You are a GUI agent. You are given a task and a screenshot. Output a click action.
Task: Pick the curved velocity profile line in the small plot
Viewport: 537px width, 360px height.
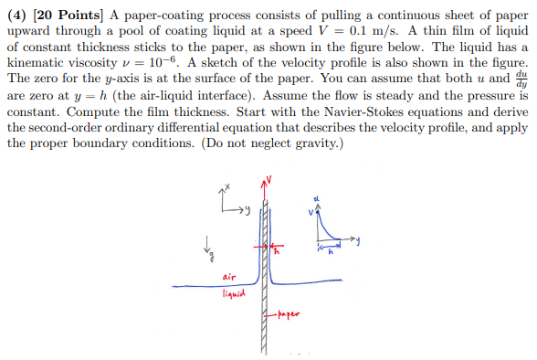(327, 228)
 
